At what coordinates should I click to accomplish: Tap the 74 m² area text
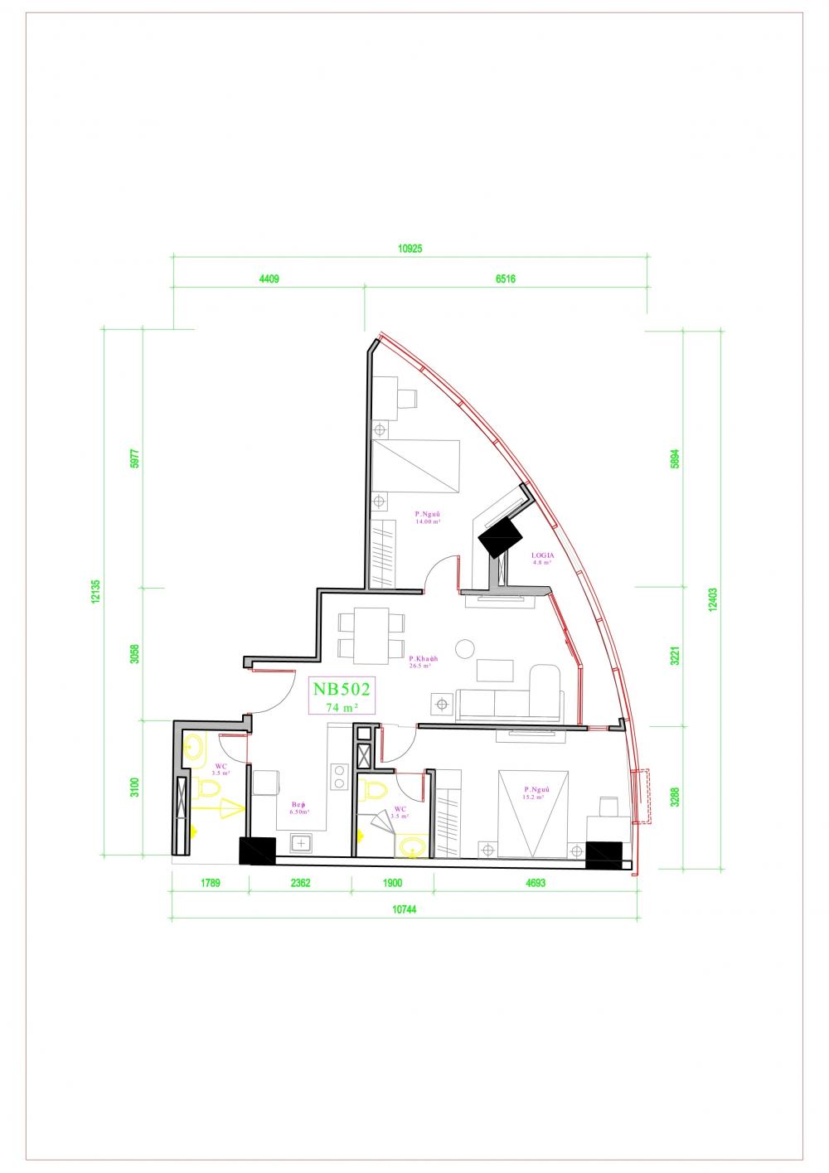(342, 707)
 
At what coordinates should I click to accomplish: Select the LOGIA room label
(543, 555)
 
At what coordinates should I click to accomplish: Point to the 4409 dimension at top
(269, 279)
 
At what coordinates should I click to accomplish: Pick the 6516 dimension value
(506, 279)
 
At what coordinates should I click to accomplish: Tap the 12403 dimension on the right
(713, 599)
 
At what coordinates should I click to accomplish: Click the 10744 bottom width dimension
(404, 909)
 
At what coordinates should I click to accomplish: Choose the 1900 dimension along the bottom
(392, 884)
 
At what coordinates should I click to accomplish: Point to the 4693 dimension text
(536, 884)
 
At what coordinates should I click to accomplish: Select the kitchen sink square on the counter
(300, 843)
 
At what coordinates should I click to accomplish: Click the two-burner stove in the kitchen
(339, 777)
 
